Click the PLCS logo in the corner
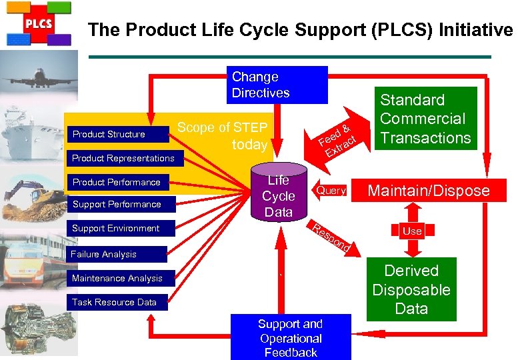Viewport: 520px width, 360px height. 39,24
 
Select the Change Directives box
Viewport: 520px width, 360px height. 277,85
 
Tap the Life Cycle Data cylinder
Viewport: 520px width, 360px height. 279,192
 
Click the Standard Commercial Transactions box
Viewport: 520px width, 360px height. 426,119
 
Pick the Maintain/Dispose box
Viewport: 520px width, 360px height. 429,190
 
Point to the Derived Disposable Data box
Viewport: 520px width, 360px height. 411,289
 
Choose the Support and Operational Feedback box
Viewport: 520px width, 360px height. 291,337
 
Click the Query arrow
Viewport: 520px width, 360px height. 329,190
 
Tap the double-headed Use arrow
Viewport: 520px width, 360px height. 413,230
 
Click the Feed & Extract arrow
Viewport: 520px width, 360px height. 337,141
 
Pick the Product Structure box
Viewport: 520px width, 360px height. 118,134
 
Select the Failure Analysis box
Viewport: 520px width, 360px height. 117,254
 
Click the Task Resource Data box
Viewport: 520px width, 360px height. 117,302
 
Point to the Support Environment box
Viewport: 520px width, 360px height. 121,229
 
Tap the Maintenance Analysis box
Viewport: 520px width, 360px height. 121,278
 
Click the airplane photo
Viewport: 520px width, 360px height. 39,75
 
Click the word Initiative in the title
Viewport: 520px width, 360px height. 476,29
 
